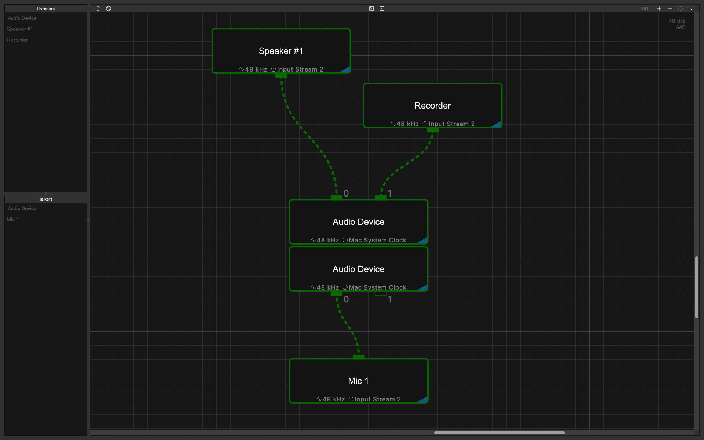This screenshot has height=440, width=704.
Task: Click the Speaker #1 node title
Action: pyautogui.click(x=281, y=51)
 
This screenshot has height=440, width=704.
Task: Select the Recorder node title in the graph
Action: pyautogui.click(x=433, y=106)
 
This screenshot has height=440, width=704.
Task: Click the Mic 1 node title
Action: pyautogui.click(x=358, y=381)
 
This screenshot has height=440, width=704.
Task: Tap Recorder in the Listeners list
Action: pyautogui.click(x=17, y=40)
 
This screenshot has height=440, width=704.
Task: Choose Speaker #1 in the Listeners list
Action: pyautogui.click(x=20, y=29)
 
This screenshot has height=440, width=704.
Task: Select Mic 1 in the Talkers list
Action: pyautogui.click(x=12, y=219)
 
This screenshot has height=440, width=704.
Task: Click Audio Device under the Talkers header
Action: pyautogui.click(x=22, y=208)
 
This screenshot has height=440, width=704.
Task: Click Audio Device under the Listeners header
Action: pyautogui.click(x=22, y=18)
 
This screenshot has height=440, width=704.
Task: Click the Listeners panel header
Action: pyautogui.click(x=46, y=9)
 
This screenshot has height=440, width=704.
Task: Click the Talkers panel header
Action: pyautogui.click(x=46, y=199)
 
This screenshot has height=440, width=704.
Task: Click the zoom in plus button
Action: pyautogui.click(x=659, y=8)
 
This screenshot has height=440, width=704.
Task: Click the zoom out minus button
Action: pyautogui.click(x=670, y=8)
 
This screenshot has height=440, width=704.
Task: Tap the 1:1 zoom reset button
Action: pyautogui.click(x=691, y=8)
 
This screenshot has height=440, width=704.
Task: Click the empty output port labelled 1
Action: pyautogui.click(x=381, y=293)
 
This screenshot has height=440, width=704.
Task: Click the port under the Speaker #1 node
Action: pyautogui.click(x=281, y=76)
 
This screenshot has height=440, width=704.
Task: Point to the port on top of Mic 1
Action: pyautogui.click(x=359, y=357)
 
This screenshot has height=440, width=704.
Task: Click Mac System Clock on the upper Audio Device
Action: pyautogui.click(x=378, y=240)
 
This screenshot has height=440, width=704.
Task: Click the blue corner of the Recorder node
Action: pyautogui.click(x=497, y=125)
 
